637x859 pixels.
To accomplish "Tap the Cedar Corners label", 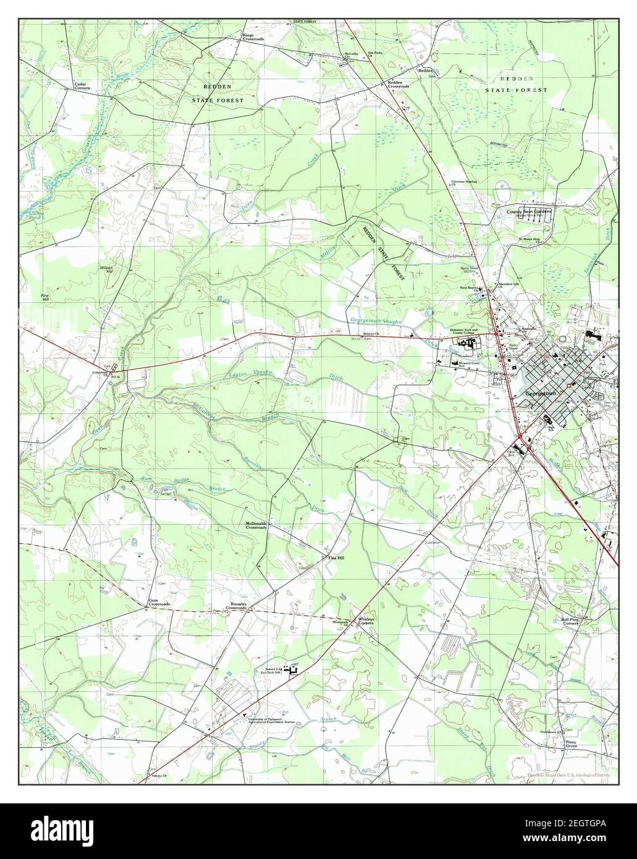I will pyautogui.click(x=82, y=86).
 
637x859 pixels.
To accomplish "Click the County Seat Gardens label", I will pyautogui.click(x=528, y=211).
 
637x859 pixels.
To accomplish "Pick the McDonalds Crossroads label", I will pyautogui.click(x=256, y=525).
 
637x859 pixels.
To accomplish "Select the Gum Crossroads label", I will pyautogui.click(x=159, y=603).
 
